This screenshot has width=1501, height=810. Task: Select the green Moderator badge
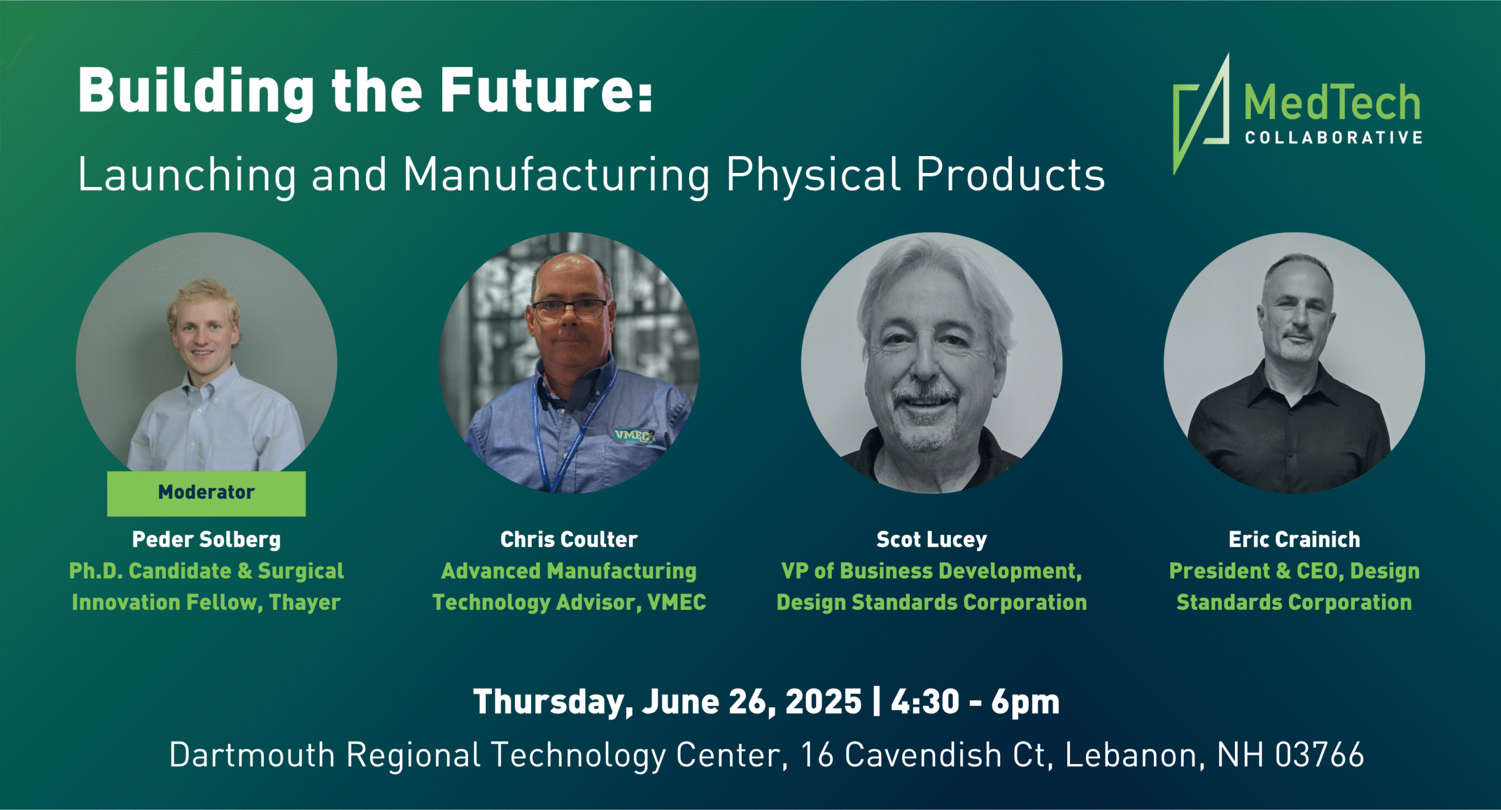tap(206, 493)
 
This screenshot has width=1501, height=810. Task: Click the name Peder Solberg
tap(206, 540)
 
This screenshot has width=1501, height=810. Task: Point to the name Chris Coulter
tap(569, 540)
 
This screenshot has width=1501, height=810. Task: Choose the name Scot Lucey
tap(932, 540)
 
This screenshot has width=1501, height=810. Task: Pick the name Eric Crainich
tap(1294, 540)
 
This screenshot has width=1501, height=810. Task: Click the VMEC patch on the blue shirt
tap(634, 435)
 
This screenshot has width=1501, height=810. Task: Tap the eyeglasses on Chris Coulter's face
tap(569, 309)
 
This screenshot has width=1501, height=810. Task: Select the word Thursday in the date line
tap(553, 702)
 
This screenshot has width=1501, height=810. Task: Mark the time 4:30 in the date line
tap(925, 702)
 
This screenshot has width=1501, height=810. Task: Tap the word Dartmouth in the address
tap(252, 755)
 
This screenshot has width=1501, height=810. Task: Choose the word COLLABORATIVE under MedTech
tap(1334, 138)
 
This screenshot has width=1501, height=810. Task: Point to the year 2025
tap(823, 702)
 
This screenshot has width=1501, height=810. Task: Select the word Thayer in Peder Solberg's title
tap(305, 603)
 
